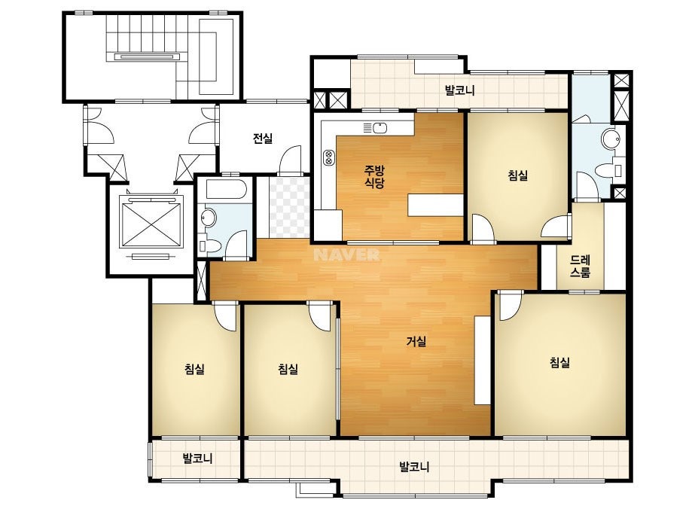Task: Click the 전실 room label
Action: (x=262, y=139)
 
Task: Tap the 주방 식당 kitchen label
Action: (x=374, y=176)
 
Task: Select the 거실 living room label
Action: (x=416, y=341)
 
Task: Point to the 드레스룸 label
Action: (x=581, y=266)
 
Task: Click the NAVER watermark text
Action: (x=346, y=255)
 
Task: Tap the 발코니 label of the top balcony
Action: (x=459, y=90)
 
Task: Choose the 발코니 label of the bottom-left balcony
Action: (x=198, y=458)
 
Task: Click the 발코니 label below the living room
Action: (x=414, y=466)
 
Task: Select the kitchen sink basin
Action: (x=380, y=128)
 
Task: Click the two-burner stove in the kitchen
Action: (x=329, y=158)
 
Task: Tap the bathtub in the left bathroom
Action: (x=224, y=190)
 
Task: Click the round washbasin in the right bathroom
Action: (x=610, y=139)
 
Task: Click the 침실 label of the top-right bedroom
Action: (x=518, y=175)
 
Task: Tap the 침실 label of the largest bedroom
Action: (x=559, y=363)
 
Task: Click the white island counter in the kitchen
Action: (x=436, y=205)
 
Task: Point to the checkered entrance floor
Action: (x=289, y=206)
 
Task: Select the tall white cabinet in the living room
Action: (x=482, y=360)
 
